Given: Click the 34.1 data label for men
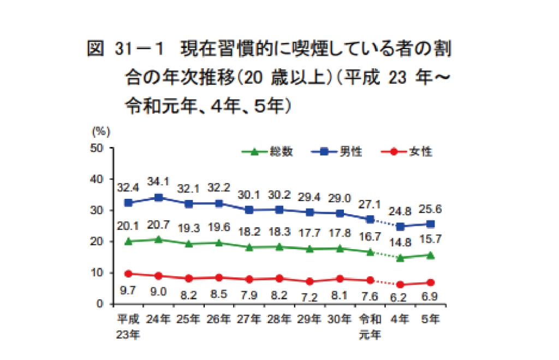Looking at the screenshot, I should (158, 180).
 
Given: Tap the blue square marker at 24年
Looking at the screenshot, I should (158, 198).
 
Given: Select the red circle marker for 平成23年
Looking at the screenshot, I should (128, 274).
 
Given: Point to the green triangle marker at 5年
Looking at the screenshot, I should (430, 255).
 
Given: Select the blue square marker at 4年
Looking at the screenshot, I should (400, 226).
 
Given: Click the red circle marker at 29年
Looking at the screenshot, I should (310, 281).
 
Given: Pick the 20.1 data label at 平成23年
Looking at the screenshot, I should (128, 226).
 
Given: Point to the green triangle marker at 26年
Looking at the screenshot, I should (219, 243).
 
